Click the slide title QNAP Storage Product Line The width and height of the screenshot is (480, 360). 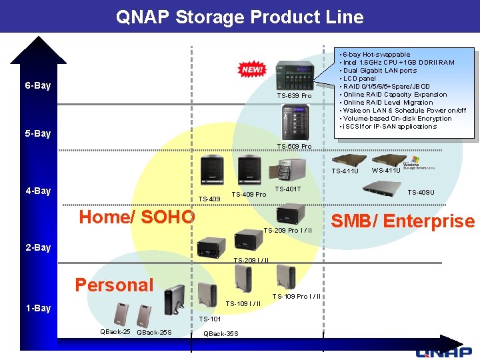[240, 16]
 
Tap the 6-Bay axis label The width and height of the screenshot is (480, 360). [38, 86]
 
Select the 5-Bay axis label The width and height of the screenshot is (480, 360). [38, 133]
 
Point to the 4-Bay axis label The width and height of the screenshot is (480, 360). [38, 191]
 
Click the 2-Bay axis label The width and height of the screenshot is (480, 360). [38, 248]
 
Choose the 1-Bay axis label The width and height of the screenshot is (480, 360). [38, 308]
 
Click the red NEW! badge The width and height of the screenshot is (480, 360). [253, 69]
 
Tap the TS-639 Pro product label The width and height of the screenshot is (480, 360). [294, 96]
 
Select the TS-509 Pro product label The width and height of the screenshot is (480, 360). [294, 146]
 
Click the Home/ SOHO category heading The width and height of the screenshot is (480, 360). [137, 217]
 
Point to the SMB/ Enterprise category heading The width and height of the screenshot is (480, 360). [403, 221]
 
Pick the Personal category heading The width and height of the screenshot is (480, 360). [114, 285]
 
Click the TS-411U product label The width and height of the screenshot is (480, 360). [345, 171]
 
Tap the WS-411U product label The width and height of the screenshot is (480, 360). [386, 170]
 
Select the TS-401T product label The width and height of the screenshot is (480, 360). [288, 189]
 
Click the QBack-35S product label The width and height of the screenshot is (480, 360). [221, 333]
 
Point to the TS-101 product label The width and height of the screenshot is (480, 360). [211, 319]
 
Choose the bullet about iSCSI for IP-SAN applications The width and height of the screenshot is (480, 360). [390, 127]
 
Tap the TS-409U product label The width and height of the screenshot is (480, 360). [421, 193]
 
